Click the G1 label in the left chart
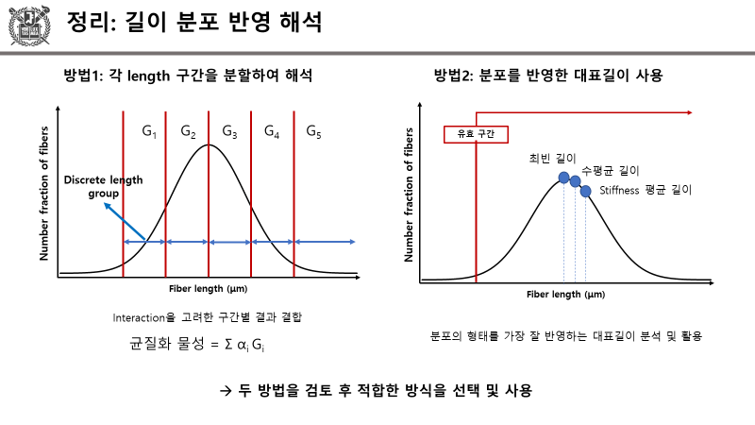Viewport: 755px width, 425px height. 149,131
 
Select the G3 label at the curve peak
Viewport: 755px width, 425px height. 229,131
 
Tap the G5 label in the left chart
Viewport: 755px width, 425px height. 313,131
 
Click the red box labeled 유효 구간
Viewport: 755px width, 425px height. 469,134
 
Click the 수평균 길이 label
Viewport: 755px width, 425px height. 611,170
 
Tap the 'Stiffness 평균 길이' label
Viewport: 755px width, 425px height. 646,190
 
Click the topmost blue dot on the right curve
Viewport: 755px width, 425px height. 564,178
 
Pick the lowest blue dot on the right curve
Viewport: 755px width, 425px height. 585,191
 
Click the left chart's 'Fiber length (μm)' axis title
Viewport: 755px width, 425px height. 208,288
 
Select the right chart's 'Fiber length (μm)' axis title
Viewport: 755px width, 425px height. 565,295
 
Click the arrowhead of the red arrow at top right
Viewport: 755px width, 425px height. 692,113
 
